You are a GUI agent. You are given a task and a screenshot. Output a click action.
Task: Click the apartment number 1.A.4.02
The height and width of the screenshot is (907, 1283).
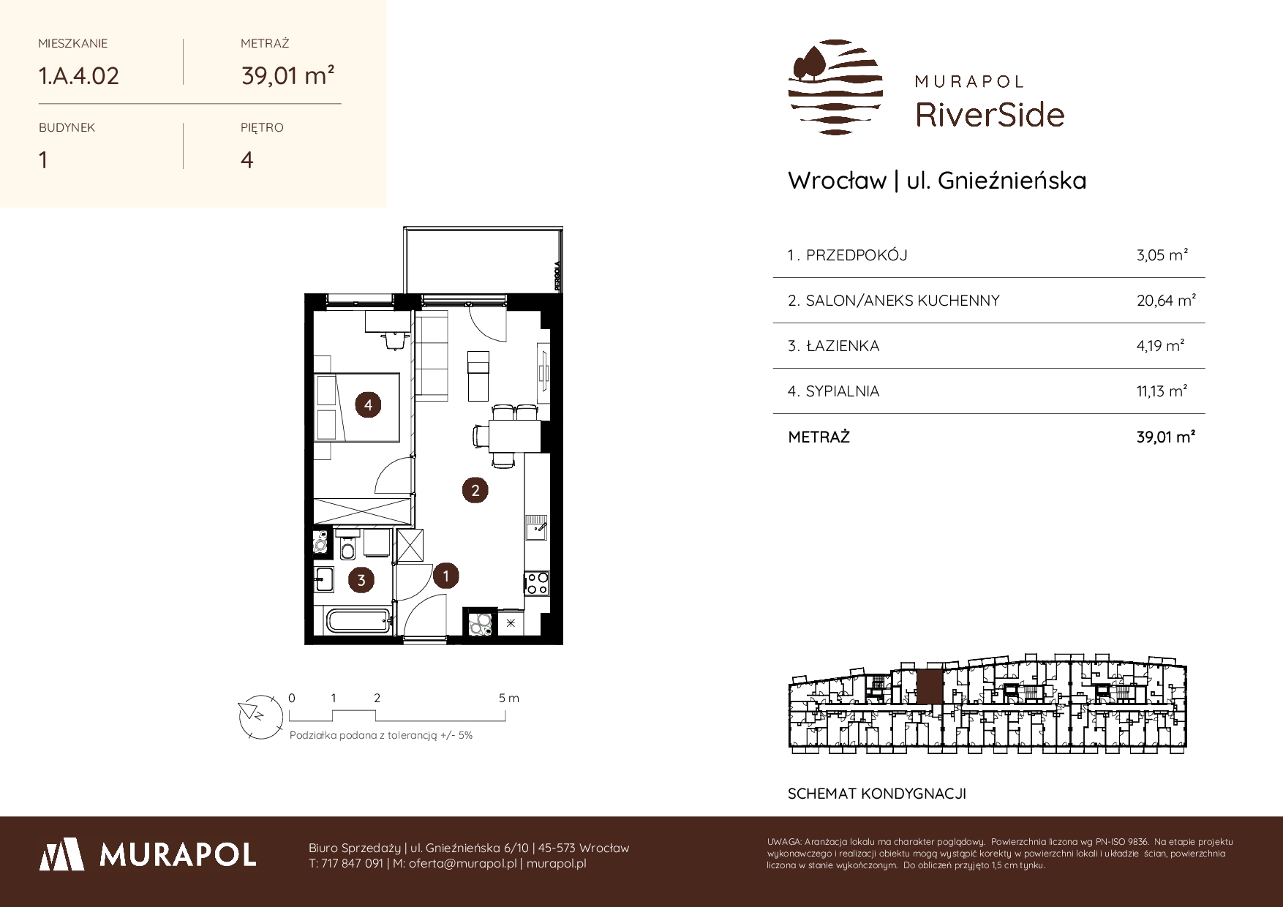[78, 75]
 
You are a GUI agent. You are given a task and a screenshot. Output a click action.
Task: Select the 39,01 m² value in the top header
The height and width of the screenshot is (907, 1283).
[288, 75]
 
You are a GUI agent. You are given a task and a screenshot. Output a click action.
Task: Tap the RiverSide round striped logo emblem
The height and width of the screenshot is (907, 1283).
[835, 87]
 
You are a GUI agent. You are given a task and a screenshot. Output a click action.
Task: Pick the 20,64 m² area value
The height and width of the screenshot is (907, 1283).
[1166, 301]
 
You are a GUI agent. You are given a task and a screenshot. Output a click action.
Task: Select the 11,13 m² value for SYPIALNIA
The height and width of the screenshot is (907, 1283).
[1162, 391]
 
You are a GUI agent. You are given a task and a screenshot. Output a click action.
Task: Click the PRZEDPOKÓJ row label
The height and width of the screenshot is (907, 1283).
[856, 255]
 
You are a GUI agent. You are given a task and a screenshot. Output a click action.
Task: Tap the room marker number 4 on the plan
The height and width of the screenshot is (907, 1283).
[369, 404]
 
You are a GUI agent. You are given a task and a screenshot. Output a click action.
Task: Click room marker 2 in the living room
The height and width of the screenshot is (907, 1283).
[475, 490]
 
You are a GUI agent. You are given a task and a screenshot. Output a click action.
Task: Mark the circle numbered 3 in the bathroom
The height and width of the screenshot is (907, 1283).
[361, 581]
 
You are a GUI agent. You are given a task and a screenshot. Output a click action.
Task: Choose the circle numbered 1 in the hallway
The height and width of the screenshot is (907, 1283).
[445, 576]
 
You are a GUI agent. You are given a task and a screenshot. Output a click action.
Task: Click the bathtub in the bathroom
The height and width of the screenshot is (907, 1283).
[358, 622]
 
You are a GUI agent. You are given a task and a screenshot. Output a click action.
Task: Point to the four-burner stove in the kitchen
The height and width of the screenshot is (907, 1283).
[537, 583]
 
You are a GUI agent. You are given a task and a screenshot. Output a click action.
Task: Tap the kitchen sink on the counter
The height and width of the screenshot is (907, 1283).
[536, 527]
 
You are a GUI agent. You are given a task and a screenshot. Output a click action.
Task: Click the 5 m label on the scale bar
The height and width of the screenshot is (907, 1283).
[509, 699]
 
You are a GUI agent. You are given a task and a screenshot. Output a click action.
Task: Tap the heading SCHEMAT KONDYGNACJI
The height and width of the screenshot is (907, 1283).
[876, 794]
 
